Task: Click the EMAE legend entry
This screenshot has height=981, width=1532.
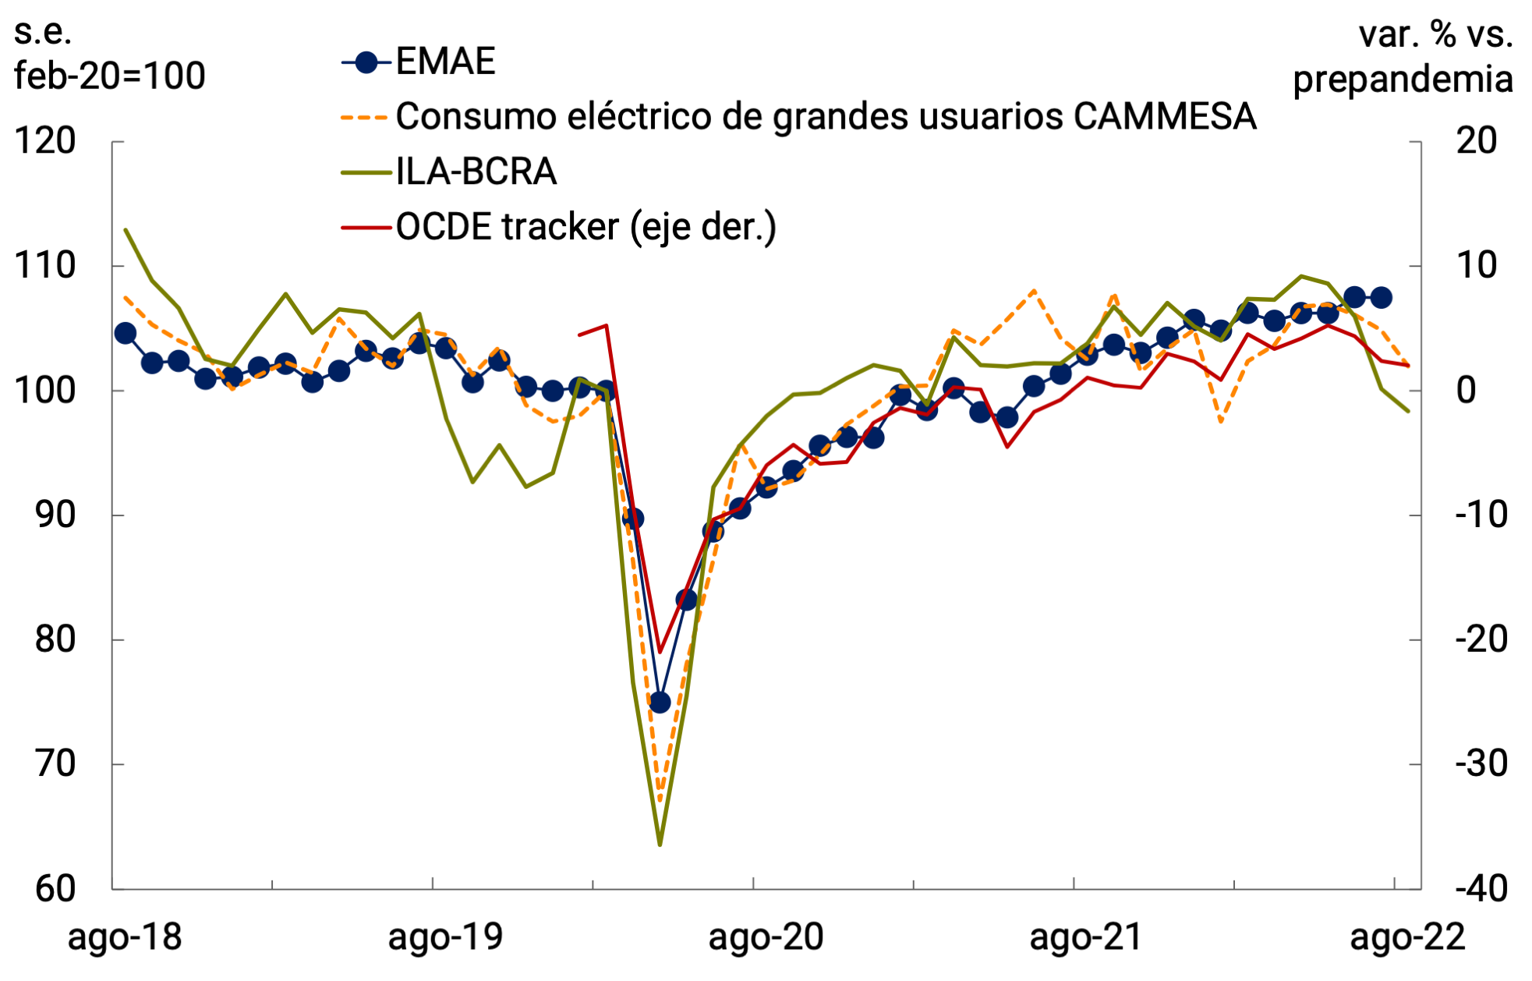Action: click(x=445, y=62)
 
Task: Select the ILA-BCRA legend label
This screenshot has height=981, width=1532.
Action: click(x=476, y=172)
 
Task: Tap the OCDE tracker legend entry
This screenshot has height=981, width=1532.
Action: click(x=586, y=227)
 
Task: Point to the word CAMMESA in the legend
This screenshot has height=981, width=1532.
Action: click(x=1165, y=117)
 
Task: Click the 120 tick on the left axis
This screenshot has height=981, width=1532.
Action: click(x=45, y=141)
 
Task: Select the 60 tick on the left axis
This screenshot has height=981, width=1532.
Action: click(x=55, y=888)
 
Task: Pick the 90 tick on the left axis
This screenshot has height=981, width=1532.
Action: click(x=55, y=515)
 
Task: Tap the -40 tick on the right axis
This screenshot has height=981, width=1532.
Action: click(x=1481, y=888)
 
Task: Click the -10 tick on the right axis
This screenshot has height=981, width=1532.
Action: click(x=1481, y=515)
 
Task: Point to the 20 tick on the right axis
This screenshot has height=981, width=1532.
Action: click(x=1477, y=141)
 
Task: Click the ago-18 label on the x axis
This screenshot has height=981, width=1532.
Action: click(x=125, y=937)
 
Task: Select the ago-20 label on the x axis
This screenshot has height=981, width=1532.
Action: click(x=766, y=937)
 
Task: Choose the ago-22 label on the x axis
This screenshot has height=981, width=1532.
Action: click(x=1407, y=937)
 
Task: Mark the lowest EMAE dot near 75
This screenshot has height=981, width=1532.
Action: click(x=660, y=702)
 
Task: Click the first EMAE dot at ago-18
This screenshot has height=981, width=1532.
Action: click(x=126, y=333)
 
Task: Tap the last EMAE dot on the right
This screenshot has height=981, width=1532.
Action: click(x=1381, y=297)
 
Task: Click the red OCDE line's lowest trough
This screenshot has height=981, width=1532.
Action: click(x=660, y=652)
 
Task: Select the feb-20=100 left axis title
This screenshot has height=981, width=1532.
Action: click(x=110, y=76)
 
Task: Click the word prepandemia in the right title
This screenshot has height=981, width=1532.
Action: click(x=1403, y=80)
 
